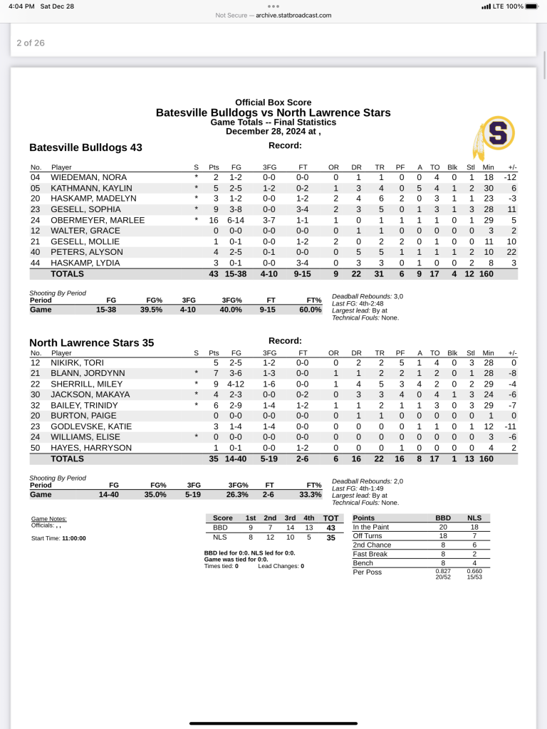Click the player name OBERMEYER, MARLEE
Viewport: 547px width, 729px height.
pyautogui.click(x=88, y=220)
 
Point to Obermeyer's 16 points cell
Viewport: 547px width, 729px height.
pyautogui.click(x=214, y=220)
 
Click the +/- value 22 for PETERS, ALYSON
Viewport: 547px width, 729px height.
pyautogui.click(x=512, y=252)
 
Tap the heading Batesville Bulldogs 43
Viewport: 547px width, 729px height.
pyautogui.click(x=85, y=147)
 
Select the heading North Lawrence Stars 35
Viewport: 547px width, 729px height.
pyautogui.click(x=91, y=342)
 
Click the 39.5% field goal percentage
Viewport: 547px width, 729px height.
pyautogui.click(x=151, y=310)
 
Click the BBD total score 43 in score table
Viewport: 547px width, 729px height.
pyautogui.click(x=330, y=528)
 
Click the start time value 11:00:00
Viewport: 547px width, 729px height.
pyautogui.click(x=74, y=538)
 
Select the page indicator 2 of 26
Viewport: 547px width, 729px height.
pyautogui.click(x=31, y=43)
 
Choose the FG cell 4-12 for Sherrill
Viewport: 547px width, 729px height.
pyautogui.click(x=236, y=384)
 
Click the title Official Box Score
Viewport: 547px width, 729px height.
pyautogui.click(x=273, y=103)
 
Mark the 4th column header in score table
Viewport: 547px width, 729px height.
pyautogui.click(x=308, y=518)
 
